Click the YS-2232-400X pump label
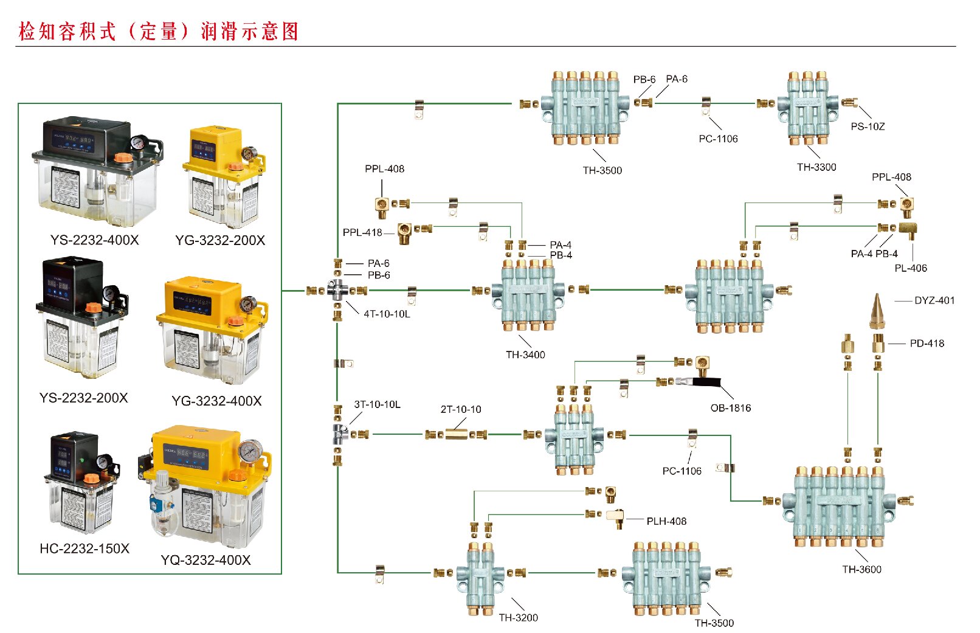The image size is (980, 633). [94, 240]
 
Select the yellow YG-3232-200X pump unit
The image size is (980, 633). [223, 176]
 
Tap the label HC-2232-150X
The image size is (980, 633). [85, 548]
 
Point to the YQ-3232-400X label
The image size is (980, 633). [205, 560]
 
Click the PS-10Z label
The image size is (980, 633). [868, 126]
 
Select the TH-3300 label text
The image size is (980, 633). [816, 167]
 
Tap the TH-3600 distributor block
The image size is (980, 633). [840, 505]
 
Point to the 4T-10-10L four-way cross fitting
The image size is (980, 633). [337, 290]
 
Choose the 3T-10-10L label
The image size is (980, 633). [377, 404]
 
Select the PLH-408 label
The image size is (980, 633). [666, 521]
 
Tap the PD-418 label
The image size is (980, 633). [927, 344]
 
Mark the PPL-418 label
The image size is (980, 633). [362, 232]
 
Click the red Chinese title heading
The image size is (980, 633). [159, 32]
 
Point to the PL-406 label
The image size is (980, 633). [911, 268]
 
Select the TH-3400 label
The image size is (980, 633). [525, 355]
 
